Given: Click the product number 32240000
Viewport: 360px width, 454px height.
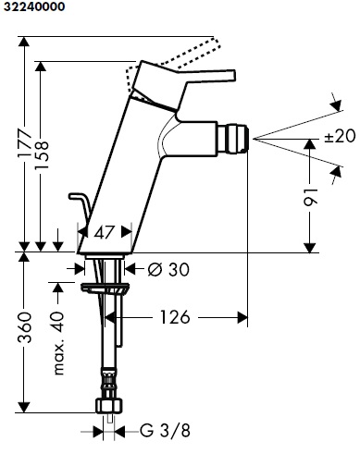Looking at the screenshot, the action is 34,6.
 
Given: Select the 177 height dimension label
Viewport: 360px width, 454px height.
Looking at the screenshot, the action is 25,143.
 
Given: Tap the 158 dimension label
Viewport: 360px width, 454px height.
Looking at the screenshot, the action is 42,155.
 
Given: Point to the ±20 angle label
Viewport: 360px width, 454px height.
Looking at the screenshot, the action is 340,136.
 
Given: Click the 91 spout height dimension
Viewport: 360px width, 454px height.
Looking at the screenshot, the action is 310,197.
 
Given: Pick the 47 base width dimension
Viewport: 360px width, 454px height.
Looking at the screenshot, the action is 105,232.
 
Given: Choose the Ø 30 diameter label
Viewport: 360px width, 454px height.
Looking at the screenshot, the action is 168,270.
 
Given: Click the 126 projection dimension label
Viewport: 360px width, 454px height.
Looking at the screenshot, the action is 175,317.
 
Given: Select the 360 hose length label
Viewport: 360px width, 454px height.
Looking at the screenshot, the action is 25,327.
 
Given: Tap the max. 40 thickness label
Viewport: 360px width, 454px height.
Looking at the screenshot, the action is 58,343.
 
